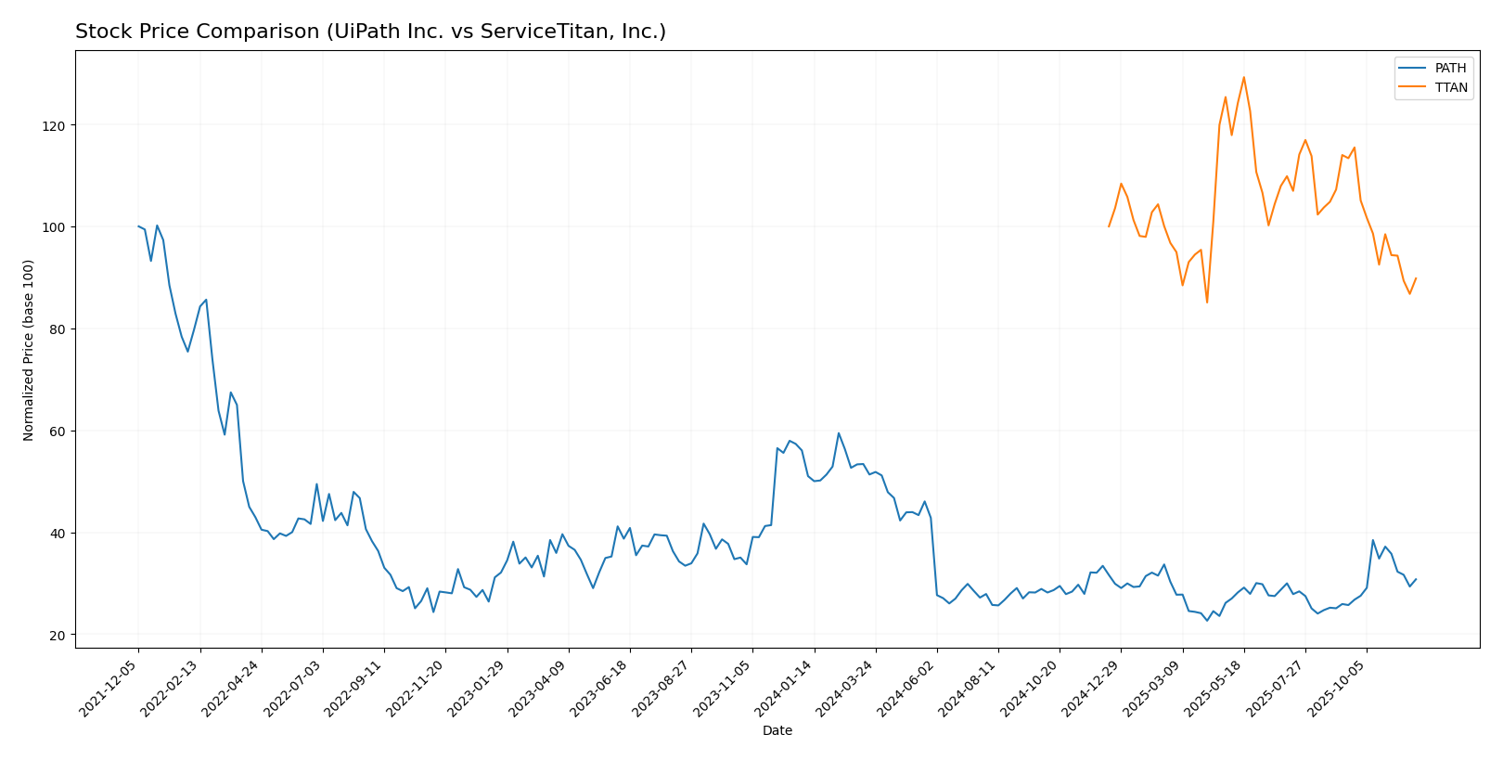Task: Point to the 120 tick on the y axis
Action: coord(57,125)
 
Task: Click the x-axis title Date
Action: coord(777,731)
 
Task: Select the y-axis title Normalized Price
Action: coord(29,350)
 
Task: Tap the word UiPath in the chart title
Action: coord(367,32)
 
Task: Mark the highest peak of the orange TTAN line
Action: coord(1243,77)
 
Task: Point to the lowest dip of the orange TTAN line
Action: coord(1207,303)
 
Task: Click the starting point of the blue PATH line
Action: coord(138,226)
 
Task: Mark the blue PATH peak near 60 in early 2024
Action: coord(839,433)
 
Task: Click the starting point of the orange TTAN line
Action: coord(1109,226)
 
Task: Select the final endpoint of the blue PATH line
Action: coord(1416,579)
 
